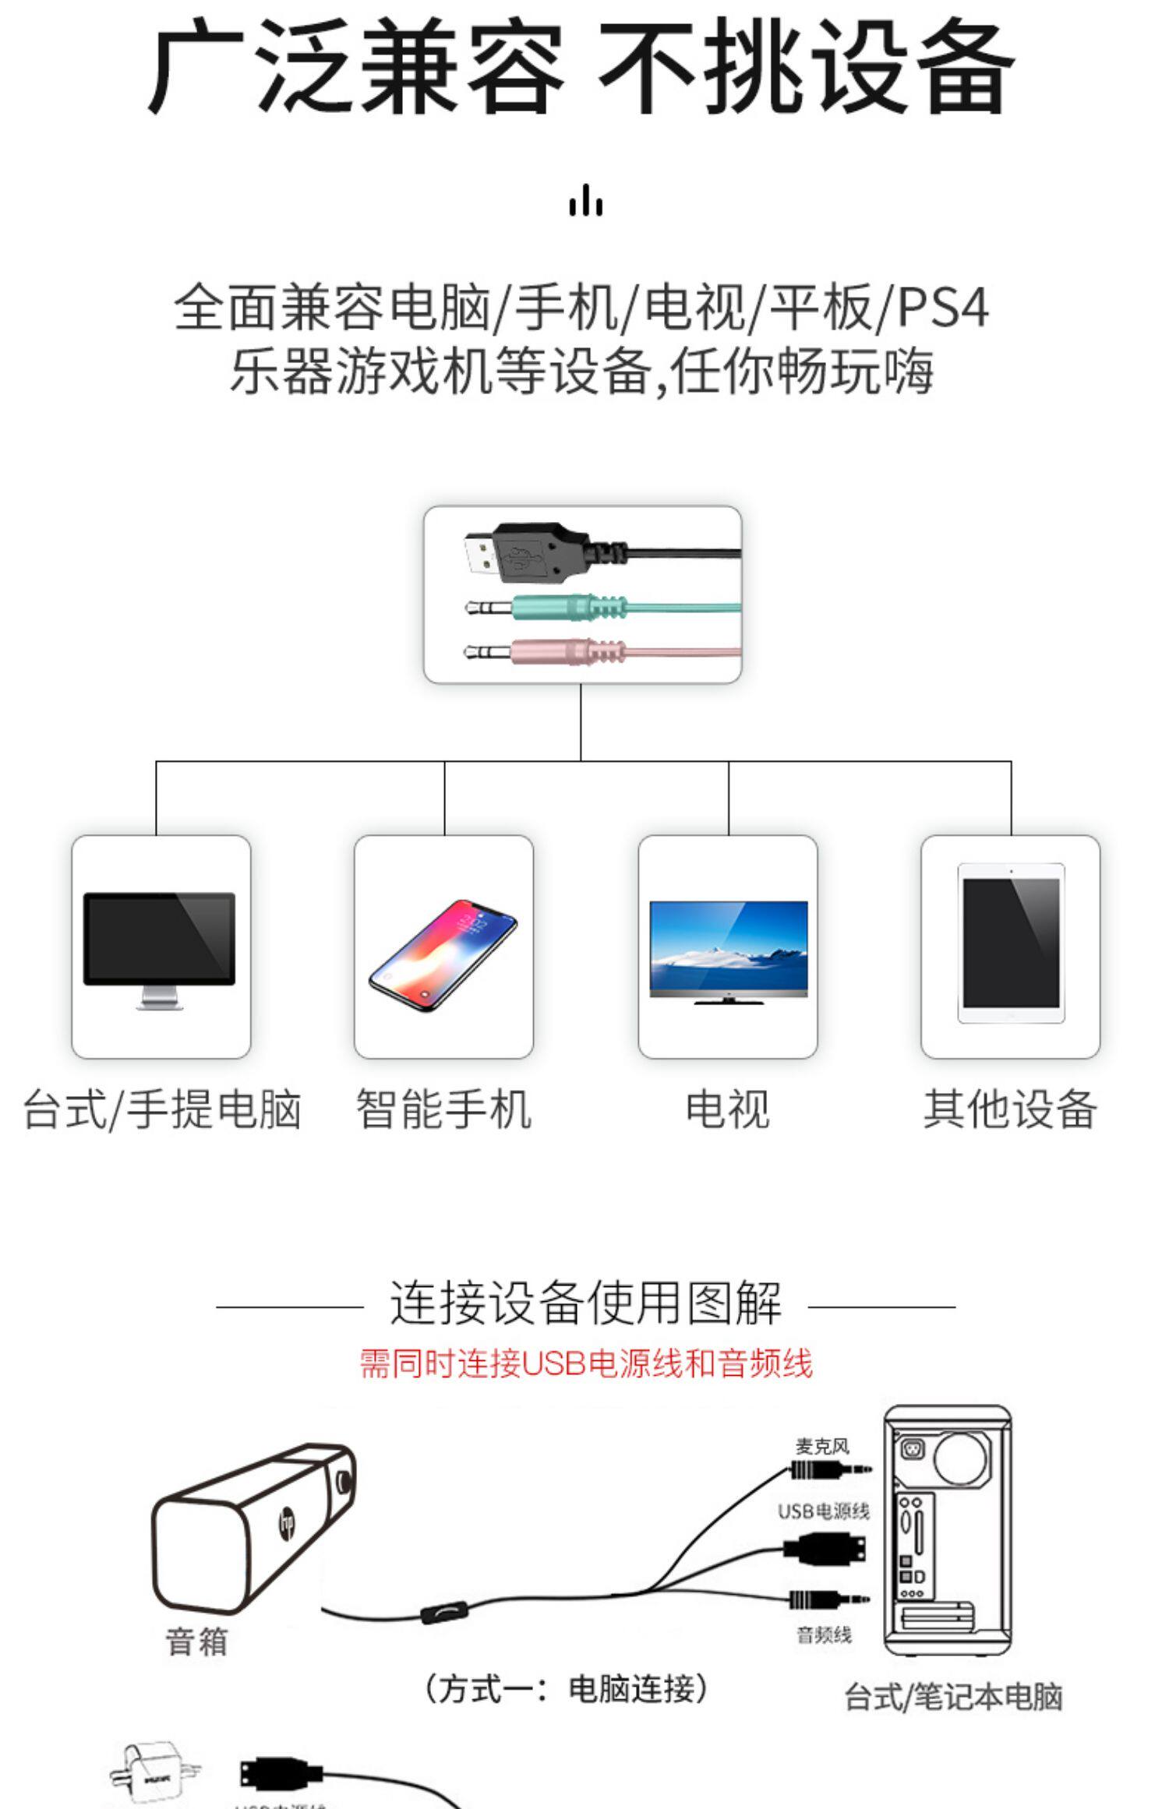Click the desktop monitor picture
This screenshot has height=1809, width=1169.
click(160, 949)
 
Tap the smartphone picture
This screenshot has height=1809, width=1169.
click(443, 955)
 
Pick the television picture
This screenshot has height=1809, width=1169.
click(728, 952)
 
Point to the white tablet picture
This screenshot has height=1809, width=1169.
click(1011, 943)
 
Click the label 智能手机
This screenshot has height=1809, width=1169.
click(443, 1109)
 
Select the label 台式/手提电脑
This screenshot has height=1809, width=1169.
click(162, 1109)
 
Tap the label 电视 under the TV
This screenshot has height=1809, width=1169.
click(727, 1109)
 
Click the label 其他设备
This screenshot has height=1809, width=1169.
click(1010, 1109)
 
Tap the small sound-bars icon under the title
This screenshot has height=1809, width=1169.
click(585, 200)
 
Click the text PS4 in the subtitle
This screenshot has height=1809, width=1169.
click(943, 308)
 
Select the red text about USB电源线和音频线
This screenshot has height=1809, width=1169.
click(585, 1363)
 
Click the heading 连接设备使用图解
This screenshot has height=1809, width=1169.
click(585, 1303)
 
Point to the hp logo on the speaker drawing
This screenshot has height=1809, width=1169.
click(287, 1521)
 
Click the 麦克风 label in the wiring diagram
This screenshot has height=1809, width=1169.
click(821, 1447)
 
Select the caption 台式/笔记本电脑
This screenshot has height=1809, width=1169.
click(953, 1697)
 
